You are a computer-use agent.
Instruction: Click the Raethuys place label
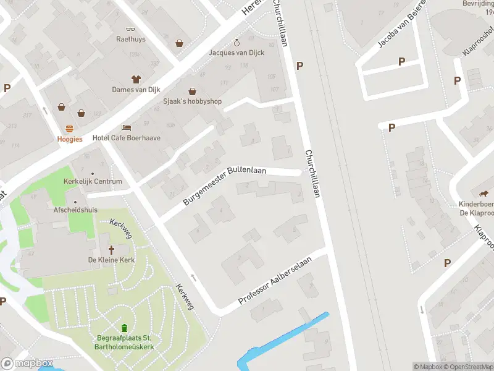click(x=130, y=39)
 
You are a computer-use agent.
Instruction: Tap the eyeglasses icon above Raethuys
click(x=130, y=28)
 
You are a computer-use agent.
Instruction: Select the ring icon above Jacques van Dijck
click(x=237, y=43)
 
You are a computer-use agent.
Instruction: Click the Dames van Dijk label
click(x=136, y=90)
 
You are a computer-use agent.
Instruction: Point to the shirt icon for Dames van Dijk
click(x=136, y=79)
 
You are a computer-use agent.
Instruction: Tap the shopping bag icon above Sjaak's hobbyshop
click(x=192, y=91)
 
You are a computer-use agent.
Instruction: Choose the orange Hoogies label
click(x=70, y=139)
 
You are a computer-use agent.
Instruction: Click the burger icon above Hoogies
click(x=70, y=129)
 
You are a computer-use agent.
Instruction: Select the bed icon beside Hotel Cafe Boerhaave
click(x=127, y=127)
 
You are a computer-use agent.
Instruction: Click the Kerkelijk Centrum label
click(x=93, y=182)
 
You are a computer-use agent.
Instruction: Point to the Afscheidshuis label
click(x=76, y=210)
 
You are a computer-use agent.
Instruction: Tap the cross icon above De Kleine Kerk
click(x=112, y=250)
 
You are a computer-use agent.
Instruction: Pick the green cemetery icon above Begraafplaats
click(x=124, y=328)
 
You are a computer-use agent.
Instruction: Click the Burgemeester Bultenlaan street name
click(x=225, y=185)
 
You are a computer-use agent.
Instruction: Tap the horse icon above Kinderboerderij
click(x=485, y=194)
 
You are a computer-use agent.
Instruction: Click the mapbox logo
click(x=27, y=364)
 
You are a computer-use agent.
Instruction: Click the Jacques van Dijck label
click(x=237, y=53)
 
